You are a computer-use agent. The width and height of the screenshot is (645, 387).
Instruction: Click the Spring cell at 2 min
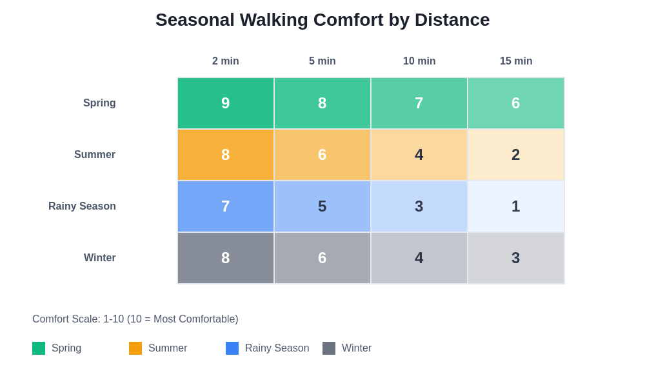point(226,103)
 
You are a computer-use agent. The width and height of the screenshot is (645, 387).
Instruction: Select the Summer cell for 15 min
point(516,155)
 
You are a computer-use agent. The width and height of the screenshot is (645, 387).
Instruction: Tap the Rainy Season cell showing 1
point(516,206)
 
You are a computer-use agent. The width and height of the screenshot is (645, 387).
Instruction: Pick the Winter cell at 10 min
point(419,258)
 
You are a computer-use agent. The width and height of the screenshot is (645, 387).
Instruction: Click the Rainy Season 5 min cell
point(322,206)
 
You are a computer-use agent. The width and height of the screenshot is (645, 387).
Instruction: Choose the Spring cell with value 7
point(419,103)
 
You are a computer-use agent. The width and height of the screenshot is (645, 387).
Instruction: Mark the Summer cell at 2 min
point(226,155)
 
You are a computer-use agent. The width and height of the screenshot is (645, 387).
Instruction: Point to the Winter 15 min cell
point(516,258)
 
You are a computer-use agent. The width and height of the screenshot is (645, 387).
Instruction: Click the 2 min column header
point(226,61)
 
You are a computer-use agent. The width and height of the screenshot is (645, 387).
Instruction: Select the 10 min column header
point(419,61)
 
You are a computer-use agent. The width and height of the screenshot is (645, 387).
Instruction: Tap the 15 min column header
point(516,61)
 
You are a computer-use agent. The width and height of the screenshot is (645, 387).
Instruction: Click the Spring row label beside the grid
point(99,103)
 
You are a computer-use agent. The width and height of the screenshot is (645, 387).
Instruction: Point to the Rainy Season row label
point(82,206)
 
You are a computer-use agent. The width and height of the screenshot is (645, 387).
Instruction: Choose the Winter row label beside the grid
point(100,258)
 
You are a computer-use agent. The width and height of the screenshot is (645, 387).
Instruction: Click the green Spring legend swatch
point(39,348)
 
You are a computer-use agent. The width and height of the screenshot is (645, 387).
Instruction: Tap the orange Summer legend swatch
point(135,348)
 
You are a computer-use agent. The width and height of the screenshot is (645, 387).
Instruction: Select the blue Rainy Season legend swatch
point(232,348)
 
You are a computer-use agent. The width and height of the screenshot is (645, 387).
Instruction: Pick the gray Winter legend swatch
point(329,348)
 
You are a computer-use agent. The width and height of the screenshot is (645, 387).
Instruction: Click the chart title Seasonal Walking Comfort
point(322,20)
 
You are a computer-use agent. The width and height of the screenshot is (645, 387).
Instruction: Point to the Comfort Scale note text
point(135,319)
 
